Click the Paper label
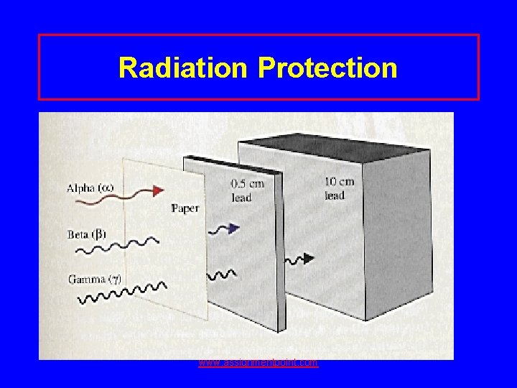coord(185,208)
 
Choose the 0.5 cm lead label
coord(247,190)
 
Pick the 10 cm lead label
coord(339,188)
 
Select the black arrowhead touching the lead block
coord(309,258)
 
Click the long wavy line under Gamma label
coord(122,293)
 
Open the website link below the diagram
coord(258,363)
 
